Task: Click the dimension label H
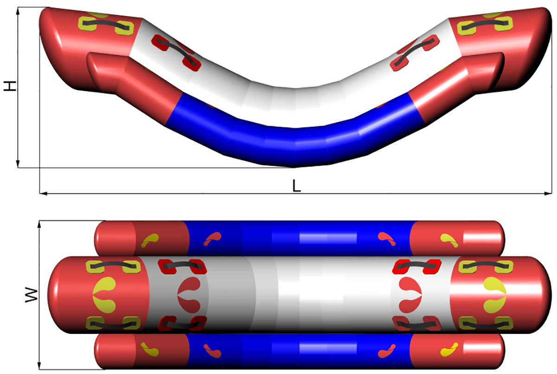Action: click(10, 86)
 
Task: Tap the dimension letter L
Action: click(297, 186)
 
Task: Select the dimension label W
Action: click(32, 295)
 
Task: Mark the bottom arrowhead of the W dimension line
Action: click(39, 365)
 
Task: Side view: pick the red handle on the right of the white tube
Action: click(414, 52)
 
